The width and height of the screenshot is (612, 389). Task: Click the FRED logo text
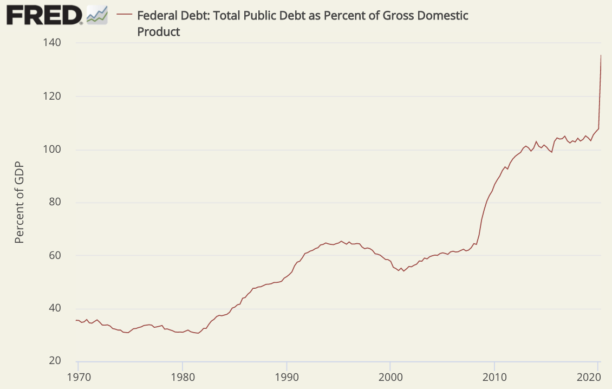tap(43, 15)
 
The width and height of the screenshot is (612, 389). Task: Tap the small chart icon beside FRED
tap(97, 16)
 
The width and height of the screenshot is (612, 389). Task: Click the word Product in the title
tap(159, 32)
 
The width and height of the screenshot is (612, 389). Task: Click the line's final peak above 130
tap(601, 55)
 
